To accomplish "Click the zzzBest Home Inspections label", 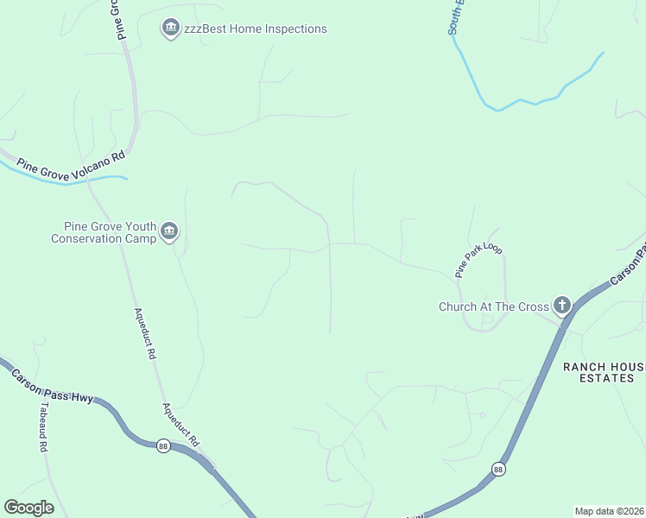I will pos(256,29).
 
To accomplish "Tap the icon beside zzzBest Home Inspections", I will pos(170,29).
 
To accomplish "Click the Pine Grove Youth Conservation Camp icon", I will pos(168,231).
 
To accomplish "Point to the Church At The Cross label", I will pos(494,306).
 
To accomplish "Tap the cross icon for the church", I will pos(562,305).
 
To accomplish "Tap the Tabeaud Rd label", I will pos(41,430).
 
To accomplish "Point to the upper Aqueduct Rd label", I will pos(143,334).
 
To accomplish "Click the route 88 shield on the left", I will pos(163,445).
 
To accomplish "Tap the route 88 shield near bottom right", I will pos(498,469).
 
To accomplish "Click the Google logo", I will pos(28,508).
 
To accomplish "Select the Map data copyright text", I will pos(610,511).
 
